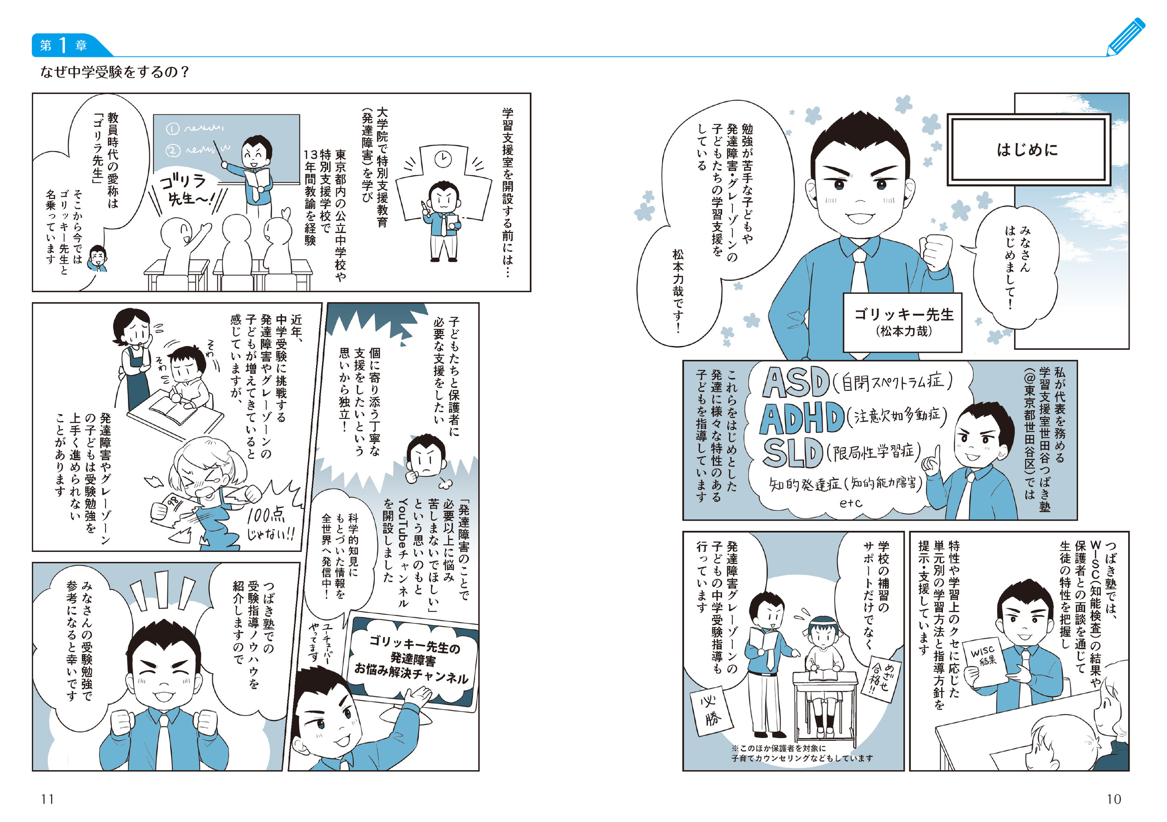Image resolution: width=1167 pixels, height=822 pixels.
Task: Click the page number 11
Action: [47, 799]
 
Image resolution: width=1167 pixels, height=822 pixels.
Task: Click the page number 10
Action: [1114, 799]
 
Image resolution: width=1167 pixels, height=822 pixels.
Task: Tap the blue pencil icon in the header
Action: [1126, 36]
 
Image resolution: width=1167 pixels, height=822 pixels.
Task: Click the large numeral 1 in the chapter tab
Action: [63, 45]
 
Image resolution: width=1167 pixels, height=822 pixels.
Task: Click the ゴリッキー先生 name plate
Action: [903, 322]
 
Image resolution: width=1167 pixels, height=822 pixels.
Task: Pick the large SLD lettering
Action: [793, 453]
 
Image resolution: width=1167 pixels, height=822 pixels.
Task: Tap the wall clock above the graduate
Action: [443, 159]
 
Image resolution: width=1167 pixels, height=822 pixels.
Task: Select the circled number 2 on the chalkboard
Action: [173, 150]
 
